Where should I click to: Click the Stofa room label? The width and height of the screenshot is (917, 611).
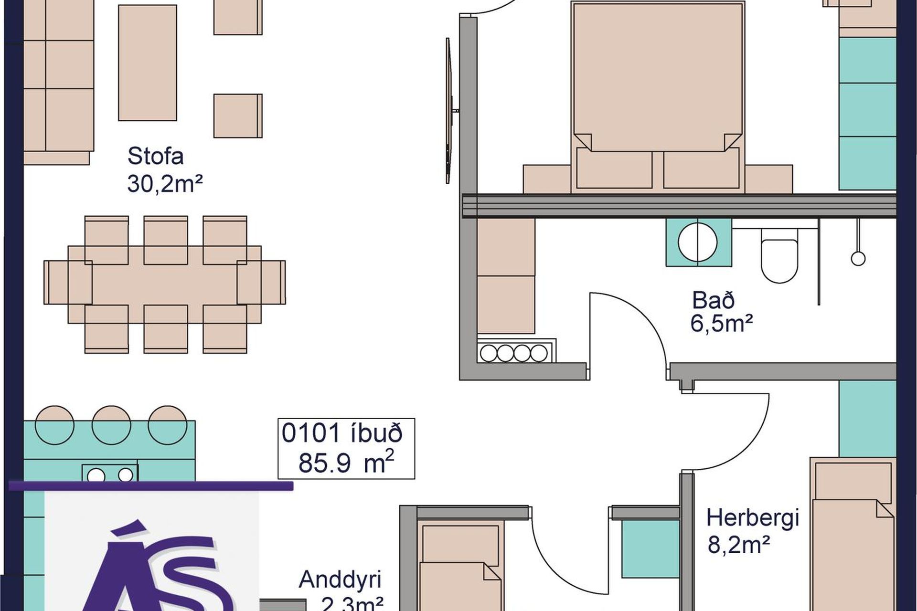point(155,156)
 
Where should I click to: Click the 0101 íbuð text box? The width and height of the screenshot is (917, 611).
point(346,448)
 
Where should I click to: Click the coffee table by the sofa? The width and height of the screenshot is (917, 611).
point(148,63)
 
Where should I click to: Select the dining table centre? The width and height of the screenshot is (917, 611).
point(165,284)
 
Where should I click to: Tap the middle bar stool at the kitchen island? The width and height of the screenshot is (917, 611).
point(111,425)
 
